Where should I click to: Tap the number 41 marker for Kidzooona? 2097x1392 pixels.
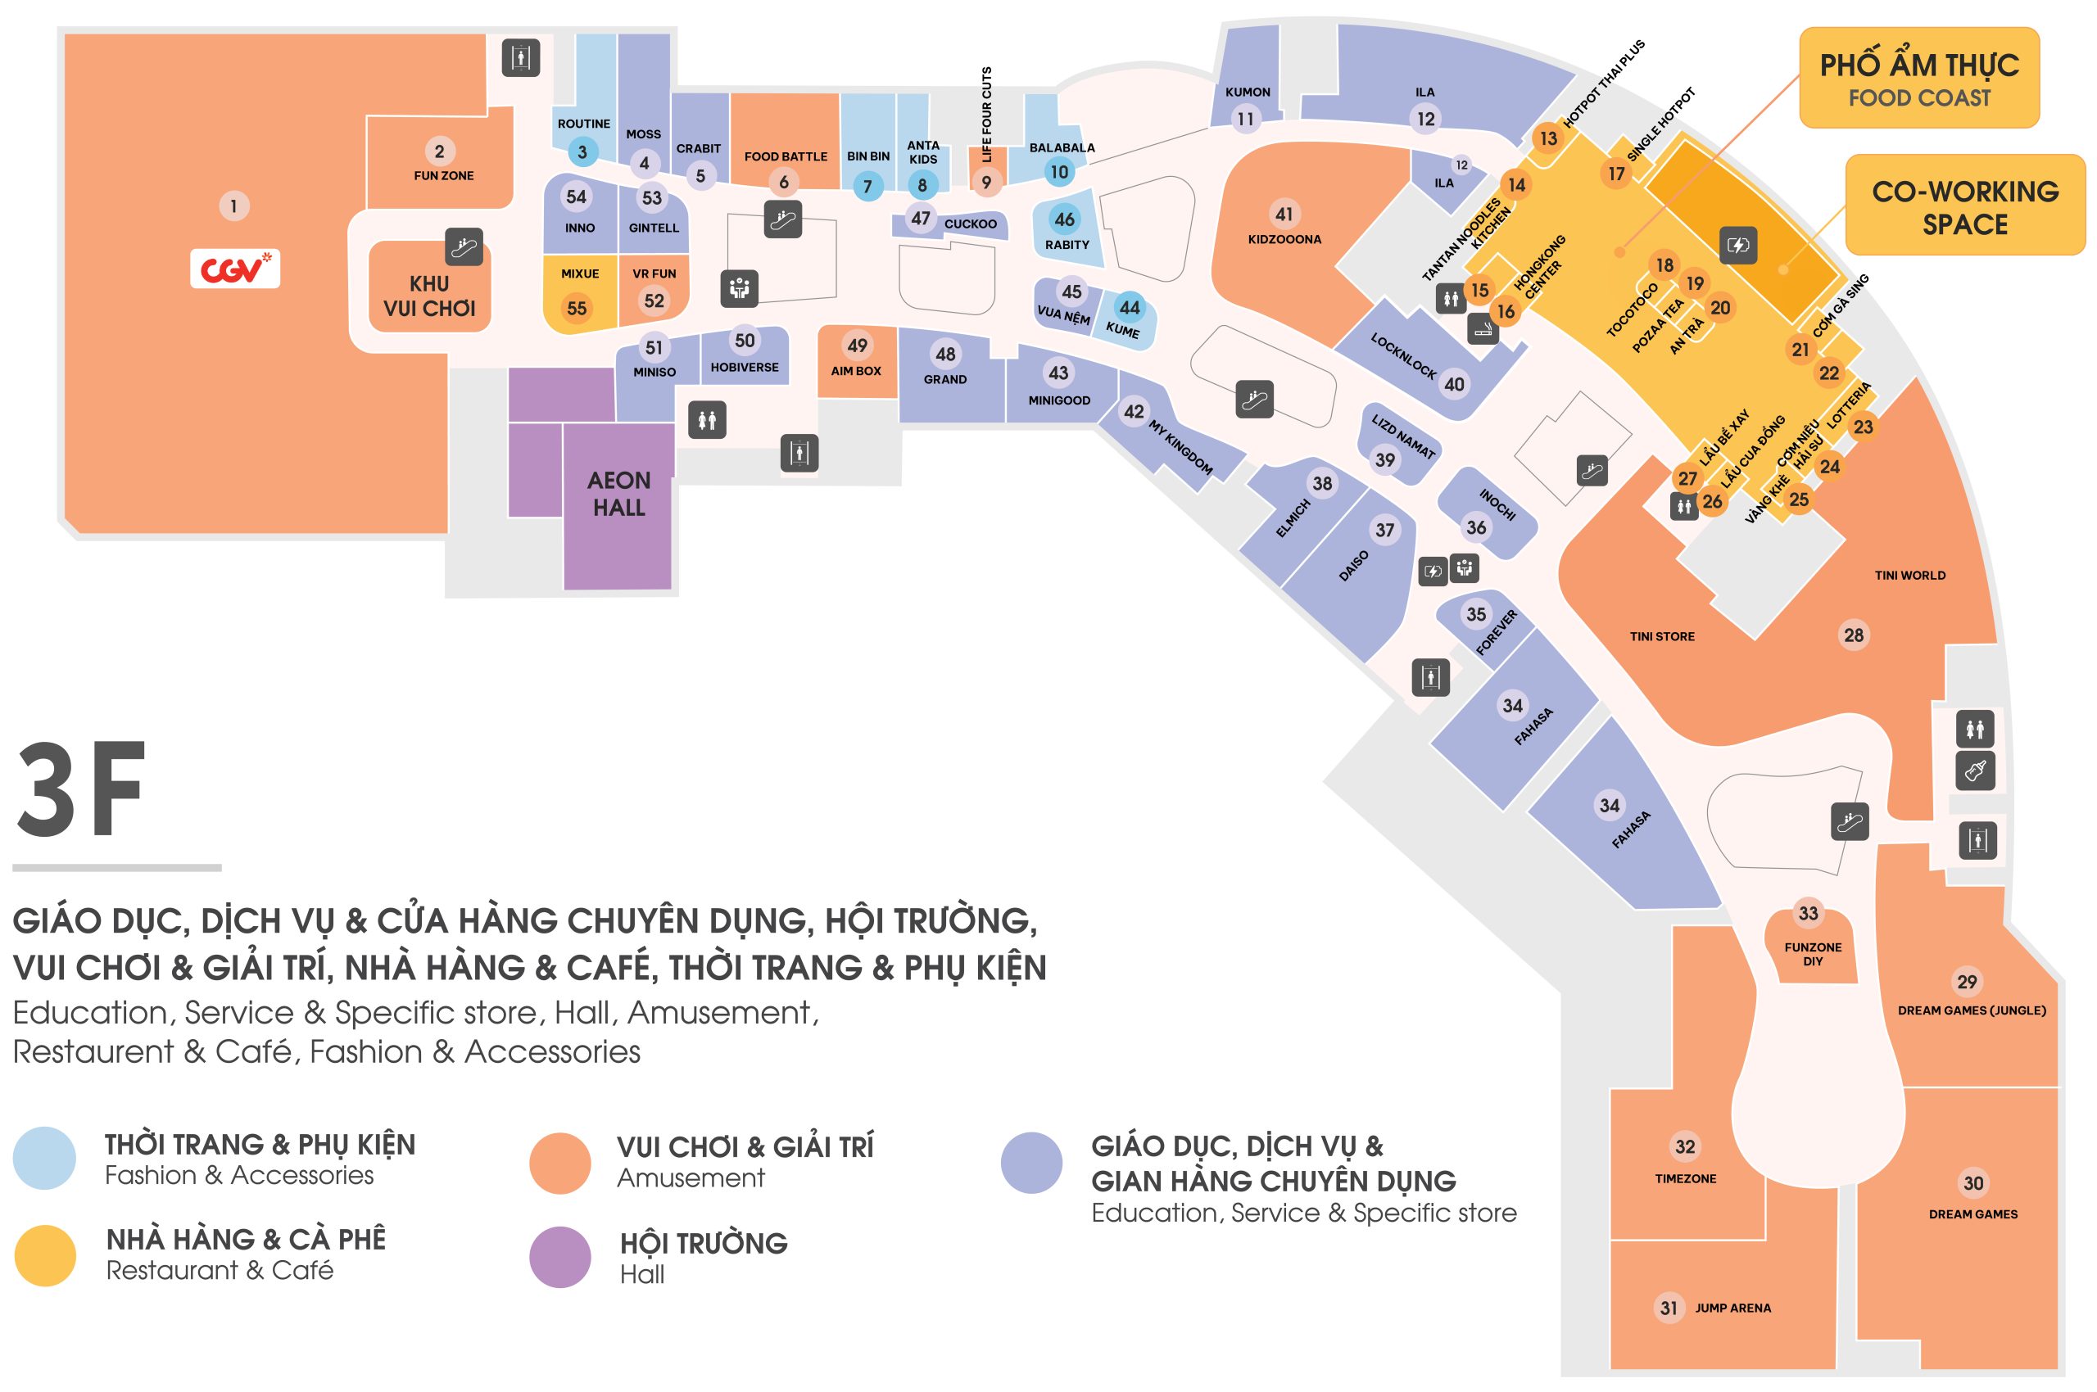pyautogui.click(x=1284, y=214)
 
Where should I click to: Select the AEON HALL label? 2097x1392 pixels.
pyautogui.click(x=619, y=494)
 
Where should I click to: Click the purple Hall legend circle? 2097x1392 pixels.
pyautogui.click(x=559, y=1257)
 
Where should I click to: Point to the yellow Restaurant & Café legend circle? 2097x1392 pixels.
pyautogui.click(x=45, y=1255)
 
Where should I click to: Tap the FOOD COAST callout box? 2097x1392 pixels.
pyautogui.click(x=1918, y=78)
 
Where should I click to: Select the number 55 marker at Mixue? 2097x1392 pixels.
pyautogui.click(x=577, y=309)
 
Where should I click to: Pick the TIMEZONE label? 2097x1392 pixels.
pyautogui.click(x=1685, y=1179)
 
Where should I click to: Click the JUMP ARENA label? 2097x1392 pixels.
pyautogui.click(x=1732, y=1308)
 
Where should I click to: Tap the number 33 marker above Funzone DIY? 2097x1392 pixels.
pyautogui.click(x=1808, y=914)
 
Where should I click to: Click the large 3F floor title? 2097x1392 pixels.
pyautogui.click(x=80, y=790)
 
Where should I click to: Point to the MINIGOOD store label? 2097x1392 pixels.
pyautogui.click(x=1058, y=400)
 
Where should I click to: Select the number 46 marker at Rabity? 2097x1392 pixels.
pyautogui.click(x=1064, y=219)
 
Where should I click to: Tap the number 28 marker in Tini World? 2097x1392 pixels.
pyautogui.click(x=1853, y=635)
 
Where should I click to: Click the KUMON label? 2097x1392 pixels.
pyautogui.click(x=1247, y=93)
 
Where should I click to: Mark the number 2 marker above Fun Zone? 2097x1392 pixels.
pyautogui.click(x=439, y=151)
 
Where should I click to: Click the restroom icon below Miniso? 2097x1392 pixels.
pyautogui.click(x=707, y=420)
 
